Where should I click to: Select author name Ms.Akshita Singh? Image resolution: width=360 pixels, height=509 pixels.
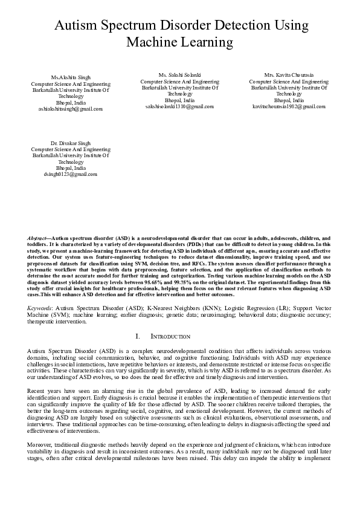66,78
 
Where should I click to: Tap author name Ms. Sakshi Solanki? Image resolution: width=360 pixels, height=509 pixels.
179,75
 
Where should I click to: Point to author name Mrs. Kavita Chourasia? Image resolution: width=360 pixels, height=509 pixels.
289,75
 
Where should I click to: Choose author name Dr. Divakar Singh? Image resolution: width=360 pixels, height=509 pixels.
66,143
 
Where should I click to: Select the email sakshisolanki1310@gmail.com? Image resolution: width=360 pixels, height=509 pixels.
179,106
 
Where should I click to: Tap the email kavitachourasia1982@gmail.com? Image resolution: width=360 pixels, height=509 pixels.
289,106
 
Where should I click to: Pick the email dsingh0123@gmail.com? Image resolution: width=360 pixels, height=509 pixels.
66,173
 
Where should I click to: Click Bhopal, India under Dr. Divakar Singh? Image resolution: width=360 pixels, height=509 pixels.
66,167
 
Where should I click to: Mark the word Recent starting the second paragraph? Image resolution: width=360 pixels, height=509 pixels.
37,391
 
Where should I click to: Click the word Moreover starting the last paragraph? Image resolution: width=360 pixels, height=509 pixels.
40,444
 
